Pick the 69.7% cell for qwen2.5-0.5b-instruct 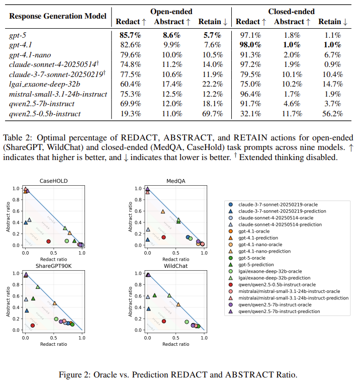click(x=209, y=113)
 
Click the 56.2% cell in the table click(x=330, y=113)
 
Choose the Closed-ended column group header click(x=292, y=11)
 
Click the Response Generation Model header click(x=58, y=16)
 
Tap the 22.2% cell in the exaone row click(x=209, y=84)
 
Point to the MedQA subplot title click(x=174, y=181)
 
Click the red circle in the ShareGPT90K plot click(x=32, y=326)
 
